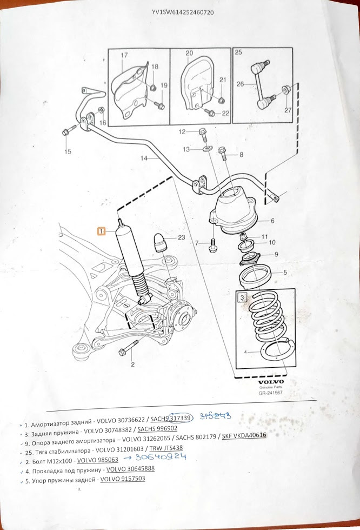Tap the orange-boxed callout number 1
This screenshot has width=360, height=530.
click(x=101, y=231)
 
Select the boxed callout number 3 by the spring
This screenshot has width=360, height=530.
click(x=243, y=297)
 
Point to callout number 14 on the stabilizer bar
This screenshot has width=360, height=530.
click(x=144, y=158)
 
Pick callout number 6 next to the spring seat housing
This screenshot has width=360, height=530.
click(x=272, y=221)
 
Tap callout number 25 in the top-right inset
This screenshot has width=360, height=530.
click(x=238, y=53)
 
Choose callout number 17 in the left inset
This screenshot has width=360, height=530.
click(x=124, y=55)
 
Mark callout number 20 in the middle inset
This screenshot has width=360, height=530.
click(x=189, y=53)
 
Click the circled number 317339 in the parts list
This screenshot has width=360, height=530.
click(x=180, y=419)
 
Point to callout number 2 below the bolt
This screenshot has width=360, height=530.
click(x=132, y=365)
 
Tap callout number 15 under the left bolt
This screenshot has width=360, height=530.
click(x=68, y=152)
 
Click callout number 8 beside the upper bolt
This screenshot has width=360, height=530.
click(x=241, y=155)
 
